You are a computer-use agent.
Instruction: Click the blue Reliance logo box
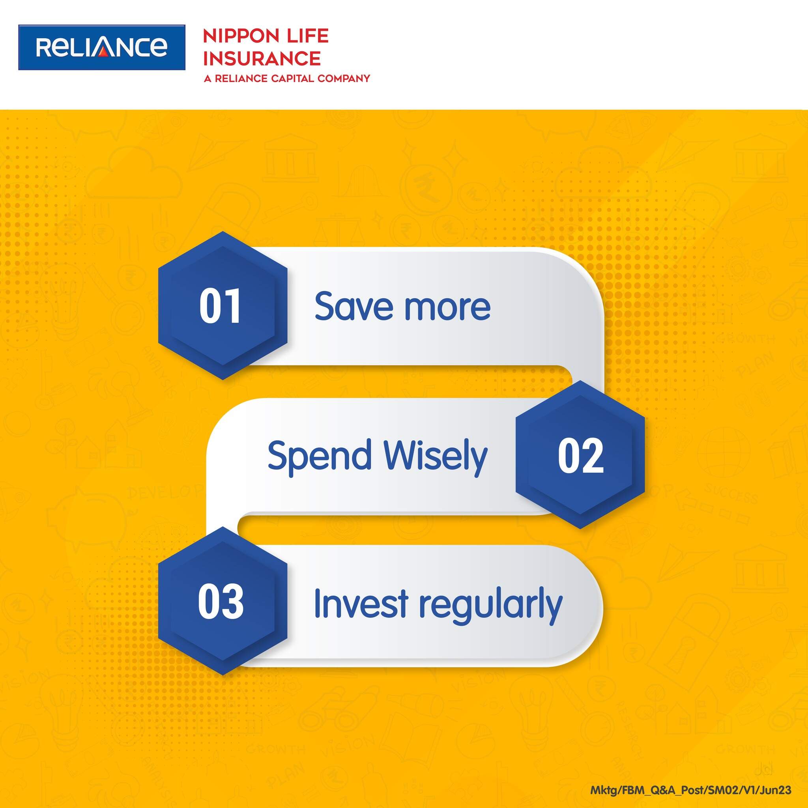click(x=102, y=47)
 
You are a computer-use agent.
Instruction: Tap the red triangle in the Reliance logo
click(x=105, y=47)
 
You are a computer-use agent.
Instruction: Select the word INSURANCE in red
click(x=262, y=58)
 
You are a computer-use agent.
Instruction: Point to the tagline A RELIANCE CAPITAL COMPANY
click(x=287, y=78)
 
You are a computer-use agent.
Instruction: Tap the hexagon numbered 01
click(x=223, y=306)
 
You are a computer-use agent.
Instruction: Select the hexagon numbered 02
click(x=580, y=455)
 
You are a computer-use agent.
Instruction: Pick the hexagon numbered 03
click(x=223, y=601)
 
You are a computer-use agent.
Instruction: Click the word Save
click(x=354, y=306)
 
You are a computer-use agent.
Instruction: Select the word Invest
click(x=361, y=604)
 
